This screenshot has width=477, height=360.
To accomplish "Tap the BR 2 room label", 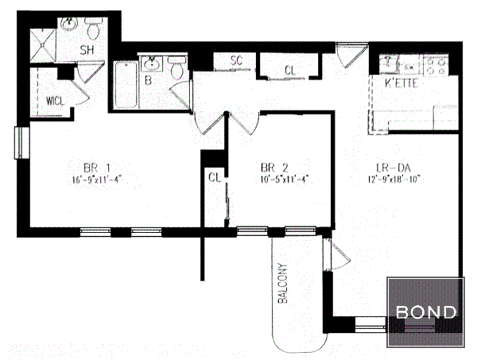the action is click(274, 168).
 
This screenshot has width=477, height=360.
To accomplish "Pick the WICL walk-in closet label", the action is click(55, 102).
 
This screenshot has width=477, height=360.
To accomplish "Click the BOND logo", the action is click(426, 312).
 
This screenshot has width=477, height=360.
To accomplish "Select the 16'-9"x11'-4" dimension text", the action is click(95, 179).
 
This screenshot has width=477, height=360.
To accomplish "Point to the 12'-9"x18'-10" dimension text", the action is click(392, 179).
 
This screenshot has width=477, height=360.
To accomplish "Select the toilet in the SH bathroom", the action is click(95, 31).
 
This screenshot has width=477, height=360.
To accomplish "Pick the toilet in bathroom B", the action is click(178, 70).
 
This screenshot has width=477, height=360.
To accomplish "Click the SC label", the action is click(236, 60).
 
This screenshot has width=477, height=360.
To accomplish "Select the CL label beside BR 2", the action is click(213, 178).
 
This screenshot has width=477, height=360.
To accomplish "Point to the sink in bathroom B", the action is click(152, 64).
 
